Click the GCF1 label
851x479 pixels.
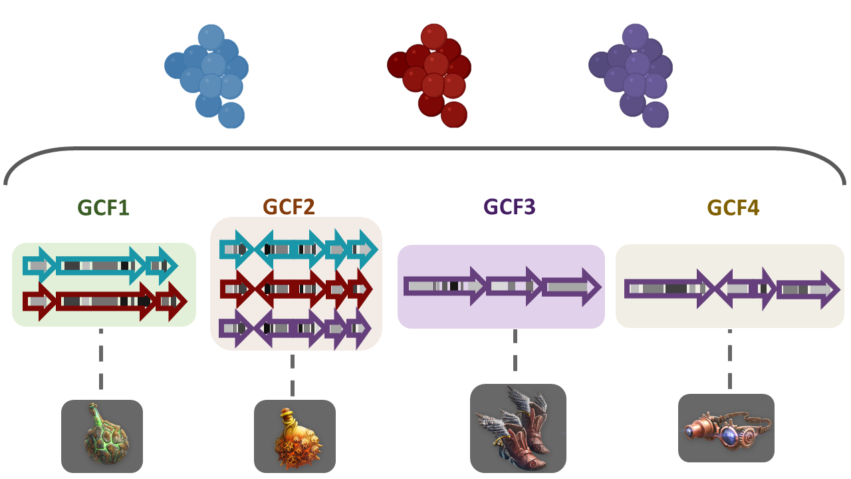103,208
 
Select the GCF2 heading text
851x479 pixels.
289,208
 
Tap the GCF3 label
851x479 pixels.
509,208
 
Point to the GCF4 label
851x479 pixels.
733,208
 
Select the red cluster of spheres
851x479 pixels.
430,75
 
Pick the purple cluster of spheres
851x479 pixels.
631,75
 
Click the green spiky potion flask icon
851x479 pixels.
102,436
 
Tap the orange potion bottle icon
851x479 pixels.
295,436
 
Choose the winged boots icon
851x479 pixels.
518,428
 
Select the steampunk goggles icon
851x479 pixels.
726,428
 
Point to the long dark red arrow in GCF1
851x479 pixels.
105,301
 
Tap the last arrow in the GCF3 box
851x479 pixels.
571,287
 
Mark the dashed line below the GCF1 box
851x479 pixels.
100,359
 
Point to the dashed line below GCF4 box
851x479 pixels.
729,359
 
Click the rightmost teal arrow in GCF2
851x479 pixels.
362,249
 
